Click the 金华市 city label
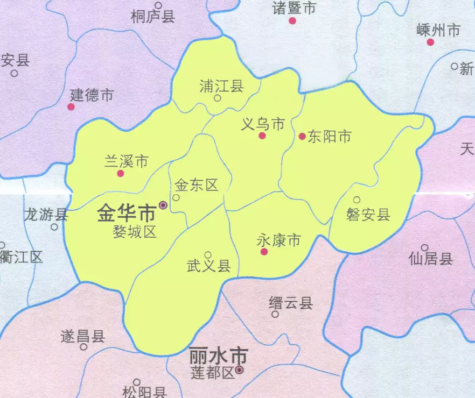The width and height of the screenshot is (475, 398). tap(126, 214)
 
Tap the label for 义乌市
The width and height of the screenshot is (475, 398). tap(262, 124)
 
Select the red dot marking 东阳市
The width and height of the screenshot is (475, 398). tap(302, 137)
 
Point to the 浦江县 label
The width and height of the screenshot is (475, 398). tap(221, 86)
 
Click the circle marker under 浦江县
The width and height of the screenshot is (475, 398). tap(218, 98)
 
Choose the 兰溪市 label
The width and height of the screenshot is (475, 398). tap(126, 161)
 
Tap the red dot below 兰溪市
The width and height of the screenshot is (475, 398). tap(121, 173)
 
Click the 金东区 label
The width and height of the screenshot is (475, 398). tap(197, 186)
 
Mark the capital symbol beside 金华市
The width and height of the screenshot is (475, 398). tap(163, 205)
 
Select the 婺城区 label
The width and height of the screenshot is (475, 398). tap(134, 232)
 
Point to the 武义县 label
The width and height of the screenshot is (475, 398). tap(208, 266)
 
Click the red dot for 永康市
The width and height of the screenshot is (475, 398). tap(264, 252)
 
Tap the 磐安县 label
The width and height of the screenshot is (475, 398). tap(368, 215)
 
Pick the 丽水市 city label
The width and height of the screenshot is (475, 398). tap(218, 356)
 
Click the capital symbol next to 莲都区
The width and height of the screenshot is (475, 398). tap(240, 370)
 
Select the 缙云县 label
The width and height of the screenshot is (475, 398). tap(291, 303)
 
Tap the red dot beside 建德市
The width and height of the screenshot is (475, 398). tap(71, 106)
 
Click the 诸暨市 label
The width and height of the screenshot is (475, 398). tap(294, 8)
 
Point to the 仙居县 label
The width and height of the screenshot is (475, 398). tap(431, 259)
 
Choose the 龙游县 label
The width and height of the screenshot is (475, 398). tap(46, 215)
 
